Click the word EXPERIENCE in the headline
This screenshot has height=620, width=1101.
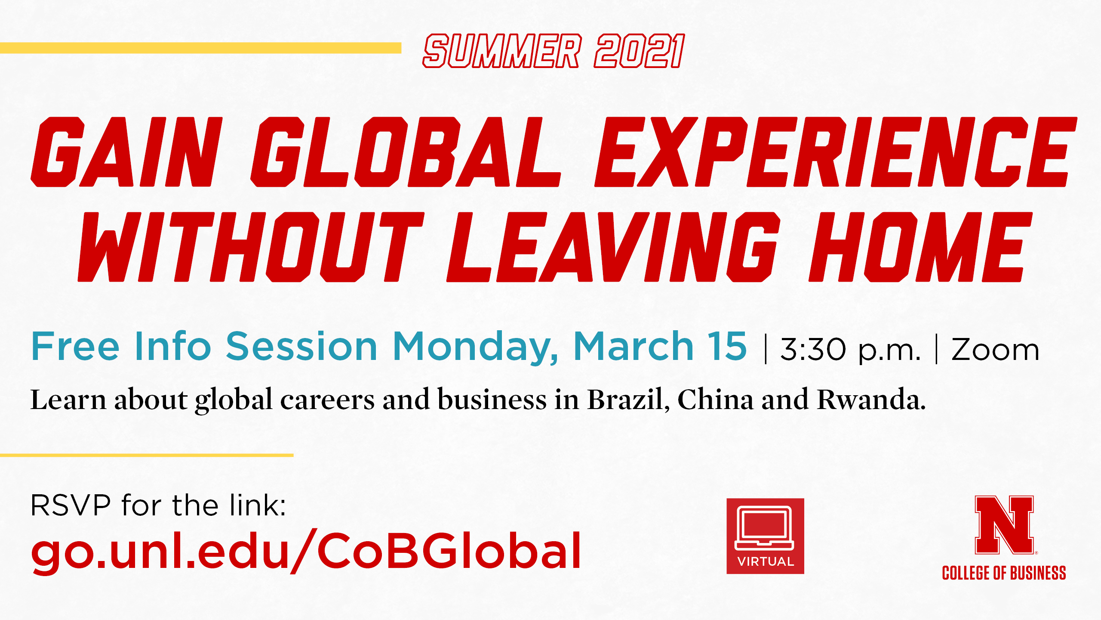[836, 152]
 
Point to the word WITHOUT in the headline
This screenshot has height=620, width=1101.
[251, 247]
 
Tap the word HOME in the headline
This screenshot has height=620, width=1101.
[921, 247]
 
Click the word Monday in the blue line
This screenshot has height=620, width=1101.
[476, 347]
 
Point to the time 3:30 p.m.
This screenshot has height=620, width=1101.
[851, 350]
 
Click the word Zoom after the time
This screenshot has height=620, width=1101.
[995, 349]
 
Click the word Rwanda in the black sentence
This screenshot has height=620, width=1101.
[871, 399]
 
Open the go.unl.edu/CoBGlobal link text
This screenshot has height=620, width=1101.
[306, 552]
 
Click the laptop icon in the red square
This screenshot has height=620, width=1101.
[765, 528]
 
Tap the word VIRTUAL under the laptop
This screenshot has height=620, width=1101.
[766, 561]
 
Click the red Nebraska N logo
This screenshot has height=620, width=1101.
[1004, 525]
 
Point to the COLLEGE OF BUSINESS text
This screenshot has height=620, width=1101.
[1004, 573]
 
